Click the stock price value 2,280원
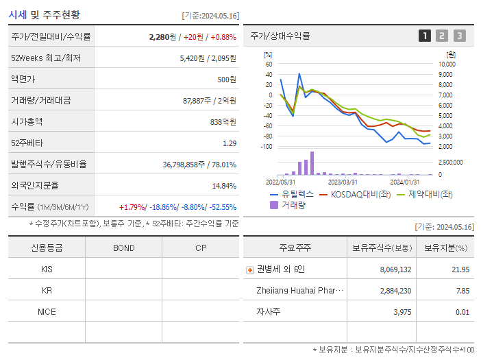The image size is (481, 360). pyautogui.click(x=163, y=37)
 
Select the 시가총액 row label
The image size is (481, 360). pyautogui.click(x=27, y=121)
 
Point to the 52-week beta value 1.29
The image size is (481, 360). pyautogui.click(x=230, y=143)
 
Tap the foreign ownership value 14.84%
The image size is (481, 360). pyautogui.click(x=223, y=186)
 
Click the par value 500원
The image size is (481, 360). pyautogui.click(x=227, y=80)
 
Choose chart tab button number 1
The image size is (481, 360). pyautogui.click(x=425, y=36)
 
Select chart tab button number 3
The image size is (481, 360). pyautogui.click(x=459, y=36)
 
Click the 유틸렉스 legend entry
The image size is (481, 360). pyautogui.click(x=295, y=194)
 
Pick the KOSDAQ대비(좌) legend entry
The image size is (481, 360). pyautogui.click(x=356, y=194)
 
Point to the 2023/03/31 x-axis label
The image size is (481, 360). pyautogui.click(x=343, y=182)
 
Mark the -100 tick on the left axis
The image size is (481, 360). pyautogui.click(x=267, y=147)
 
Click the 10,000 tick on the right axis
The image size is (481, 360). pyautogui.click(x=446, y=64)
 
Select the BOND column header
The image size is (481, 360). pyautogui.click(x=123, y=248)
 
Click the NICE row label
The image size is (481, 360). pyautogui.click(x=47, y=312)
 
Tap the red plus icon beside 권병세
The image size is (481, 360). pyautogui.click(x=249, y=269)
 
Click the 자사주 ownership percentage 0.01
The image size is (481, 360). pyautogui.click(x=463, y=312)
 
